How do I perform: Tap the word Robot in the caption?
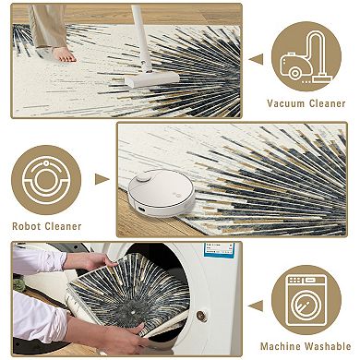pyautogui.click(x=26, y=226)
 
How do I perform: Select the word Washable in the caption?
pyautogui.click(x=327, y=346)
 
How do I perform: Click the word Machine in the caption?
pyautogui.click(x=280, y=346)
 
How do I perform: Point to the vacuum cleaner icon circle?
pyautogui.click(x=306, y=56)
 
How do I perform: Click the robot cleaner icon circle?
pyautogui.click(x=46, y=180)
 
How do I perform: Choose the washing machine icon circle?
pyautogui.click(x=306, y=300)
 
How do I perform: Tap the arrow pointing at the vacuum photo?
pyautogui.click(x=256, y=59)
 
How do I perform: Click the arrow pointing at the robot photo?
pyautogui.click(x=102, y=179)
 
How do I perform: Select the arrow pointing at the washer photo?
pyautogui.click(x=256, y=306)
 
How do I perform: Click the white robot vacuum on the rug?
pyautogui.click(x=162, y=193)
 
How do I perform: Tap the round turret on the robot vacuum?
pyautogui.click(x=144, y=177)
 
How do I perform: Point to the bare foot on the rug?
pyautogui.click(x=65, y=54)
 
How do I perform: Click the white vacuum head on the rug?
pyautogui.click(x=151, y=79)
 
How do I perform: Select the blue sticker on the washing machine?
pyautogui.click(x=219, y=250)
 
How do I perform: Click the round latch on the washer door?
pyautogui.click(x=201, y=316)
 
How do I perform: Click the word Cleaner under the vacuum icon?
pyautogui.click(x=327, y=103)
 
